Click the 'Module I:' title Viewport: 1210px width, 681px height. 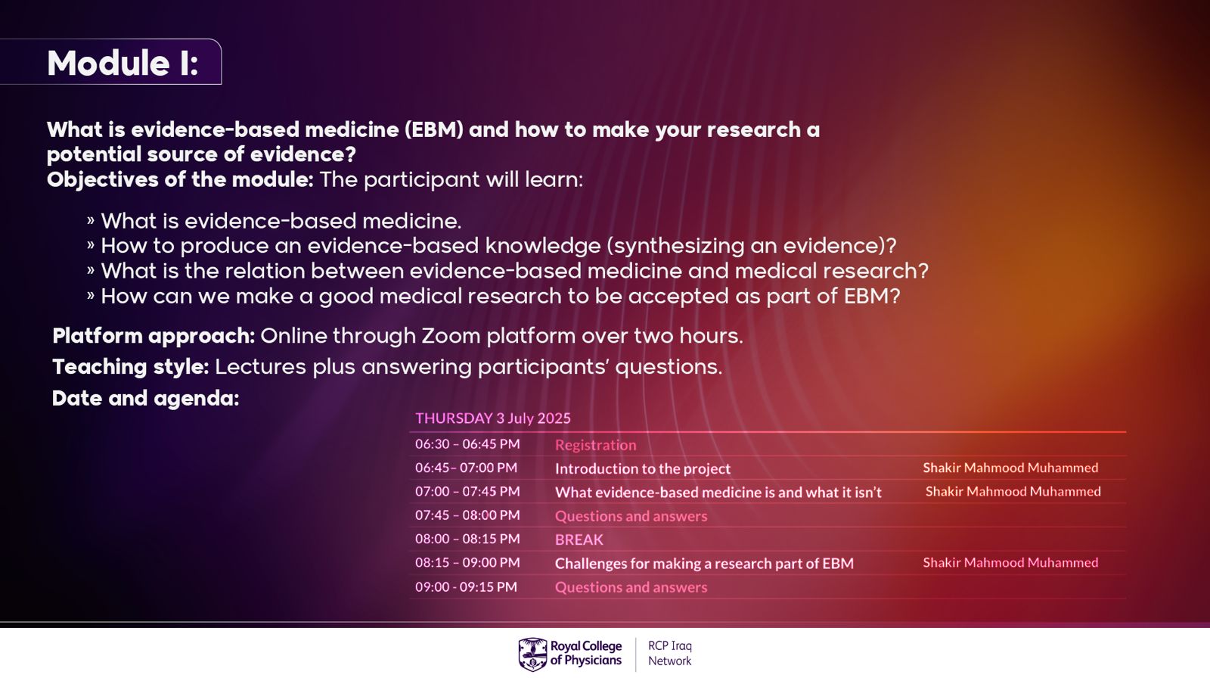point(123,64)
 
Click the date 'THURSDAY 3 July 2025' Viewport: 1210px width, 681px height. point(492,418)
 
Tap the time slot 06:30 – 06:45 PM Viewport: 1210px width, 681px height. point(467,443)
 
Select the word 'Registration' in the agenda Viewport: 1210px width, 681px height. point(595,445)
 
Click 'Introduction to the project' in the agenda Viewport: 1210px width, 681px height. point(642,468)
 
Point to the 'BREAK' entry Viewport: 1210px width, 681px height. point(579,540)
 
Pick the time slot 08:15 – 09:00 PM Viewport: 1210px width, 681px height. point(467,563)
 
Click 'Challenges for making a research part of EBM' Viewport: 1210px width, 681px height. point(704,564)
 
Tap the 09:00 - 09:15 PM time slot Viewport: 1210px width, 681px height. point(466,586)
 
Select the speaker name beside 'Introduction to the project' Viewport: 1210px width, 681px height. point(1010,468)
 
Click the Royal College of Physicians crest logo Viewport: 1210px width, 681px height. point(532,654)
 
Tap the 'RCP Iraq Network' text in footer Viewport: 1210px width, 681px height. point(670,654)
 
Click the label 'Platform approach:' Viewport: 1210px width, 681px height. point(154,336)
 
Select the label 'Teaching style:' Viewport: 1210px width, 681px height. point(130,367)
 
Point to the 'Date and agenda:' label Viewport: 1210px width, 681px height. point(145,398)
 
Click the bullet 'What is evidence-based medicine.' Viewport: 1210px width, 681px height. point(281,221)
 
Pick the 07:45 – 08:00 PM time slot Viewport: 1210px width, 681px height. point(467,515)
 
